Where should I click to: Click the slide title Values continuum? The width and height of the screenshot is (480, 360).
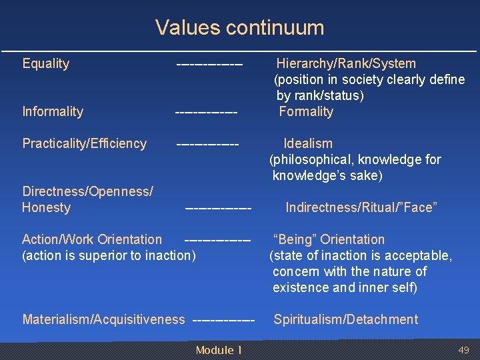(x=239, y=27)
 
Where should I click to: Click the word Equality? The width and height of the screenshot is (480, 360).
(x=45, y=64)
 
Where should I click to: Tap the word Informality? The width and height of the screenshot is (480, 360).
(x=53, y=112)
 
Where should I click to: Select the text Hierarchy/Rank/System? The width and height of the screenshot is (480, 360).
(x=346, y=64)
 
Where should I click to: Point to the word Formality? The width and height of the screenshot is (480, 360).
(x=306, y=112)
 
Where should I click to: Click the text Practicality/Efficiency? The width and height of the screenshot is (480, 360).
(x=84, y=144)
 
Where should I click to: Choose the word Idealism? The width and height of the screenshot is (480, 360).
(x=308, y=144)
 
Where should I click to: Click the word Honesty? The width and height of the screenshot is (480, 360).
(x=46, y=208)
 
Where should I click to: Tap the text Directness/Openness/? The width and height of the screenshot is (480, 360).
(x=87, y=192)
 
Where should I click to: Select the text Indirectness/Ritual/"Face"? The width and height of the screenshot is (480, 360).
(x=361, y=208)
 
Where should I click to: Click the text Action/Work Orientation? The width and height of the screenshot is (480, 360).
(x=92, y=239)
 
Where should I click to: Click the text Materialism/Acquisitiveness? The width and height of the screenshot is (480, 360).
(x=103, y=320)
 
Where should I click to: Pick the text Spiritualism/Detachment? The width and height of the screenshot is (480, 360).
(x=345, y=320)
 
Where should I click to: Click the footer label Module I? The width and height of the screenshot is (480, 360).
(x=219, y=351)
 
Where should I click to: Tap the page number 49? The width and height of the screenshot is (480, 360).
(x=463, y=351)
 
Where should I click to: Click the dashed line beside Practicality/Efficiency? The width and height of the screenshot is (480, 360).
(x=207, y=144)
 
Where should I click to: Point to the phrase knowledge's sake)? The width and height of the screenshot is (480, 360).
(x=327, y=176)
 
